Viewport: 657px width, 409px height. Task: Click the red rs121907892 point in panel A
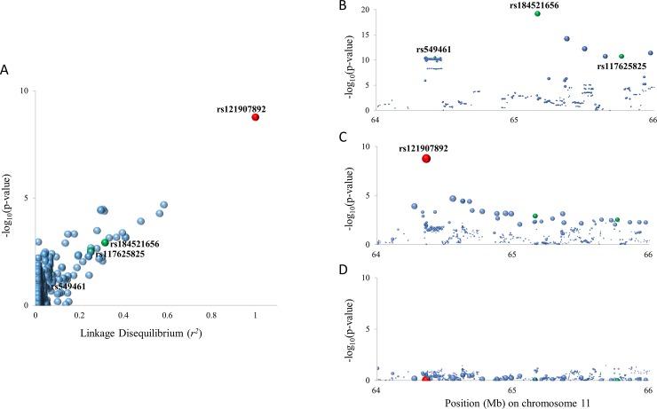(256, 117)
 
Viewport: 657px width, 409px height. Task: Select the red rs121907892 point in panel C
(426, 158)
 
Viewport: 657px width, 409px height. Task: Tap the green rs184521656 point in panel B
(537, 14)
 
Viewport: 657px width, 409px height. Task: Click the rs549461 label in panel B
(434, 49)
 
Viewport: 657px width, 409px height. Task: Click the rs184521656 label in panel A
(135, 243)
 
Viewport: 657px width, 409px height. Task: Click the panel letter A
(5, 70)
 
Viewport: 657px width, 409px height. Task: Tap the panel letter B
(343, 6)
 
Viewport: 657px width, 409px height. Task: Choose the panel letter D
(343, 270)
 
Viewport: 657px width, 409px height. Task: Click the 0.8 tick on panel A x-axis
(211, 314)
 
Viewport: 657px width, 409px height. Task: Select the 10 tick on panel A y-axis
(25, 90)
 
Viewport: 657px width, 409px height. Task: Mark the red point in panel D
(426, 379)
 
